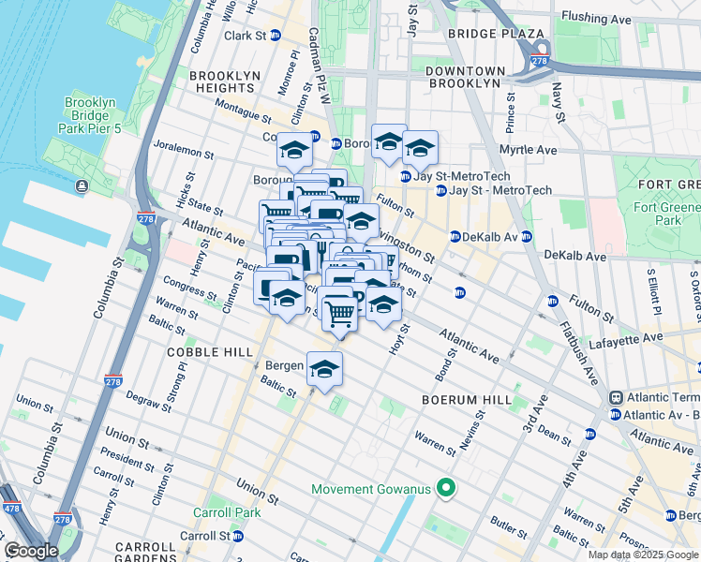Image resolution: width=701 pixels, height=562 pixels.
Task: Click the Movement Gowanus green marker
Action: click(x=446, y=488)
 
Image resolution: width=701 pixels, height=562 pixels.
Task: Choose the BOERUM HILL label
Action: click(x=466, y=399)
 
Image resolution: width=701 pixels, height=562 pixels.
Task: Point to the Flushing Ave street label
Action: click(x=593, y=16)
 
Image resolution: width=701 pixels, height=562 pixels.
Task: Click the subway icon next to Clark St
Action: click(x=276, y=36)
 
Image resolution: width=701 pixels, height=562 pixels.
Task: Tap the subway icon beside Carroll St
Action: click(x=238, y=536)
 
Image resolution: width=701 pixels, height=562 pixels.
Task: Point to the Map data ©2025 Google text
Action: click(x=643, y=555)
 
